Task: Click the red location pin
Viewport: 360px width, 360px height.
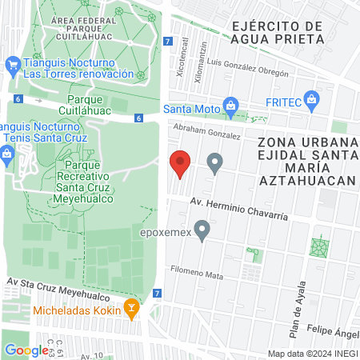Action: tap(181, 164)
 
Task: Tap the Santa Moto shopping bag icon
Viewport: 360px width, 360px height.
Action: tap(231, 105)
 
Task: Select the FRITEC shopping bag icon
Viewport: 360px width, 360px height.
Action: tap(313, 100)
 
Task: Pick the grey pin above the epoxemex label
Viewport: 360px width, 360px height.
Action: tap(202, 231)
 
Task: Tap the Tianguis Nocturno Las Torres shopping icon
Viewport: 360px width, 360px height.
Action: tap(12, 63)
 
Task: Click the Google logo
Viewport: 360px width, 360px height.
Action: tap(26, 350)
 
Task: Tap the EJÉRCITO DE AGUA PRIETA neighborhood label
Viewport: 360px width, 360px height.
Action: tap(277, 31)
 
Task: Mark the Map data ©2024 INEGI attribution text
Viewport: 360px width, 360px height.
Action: tap(312, 353)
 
